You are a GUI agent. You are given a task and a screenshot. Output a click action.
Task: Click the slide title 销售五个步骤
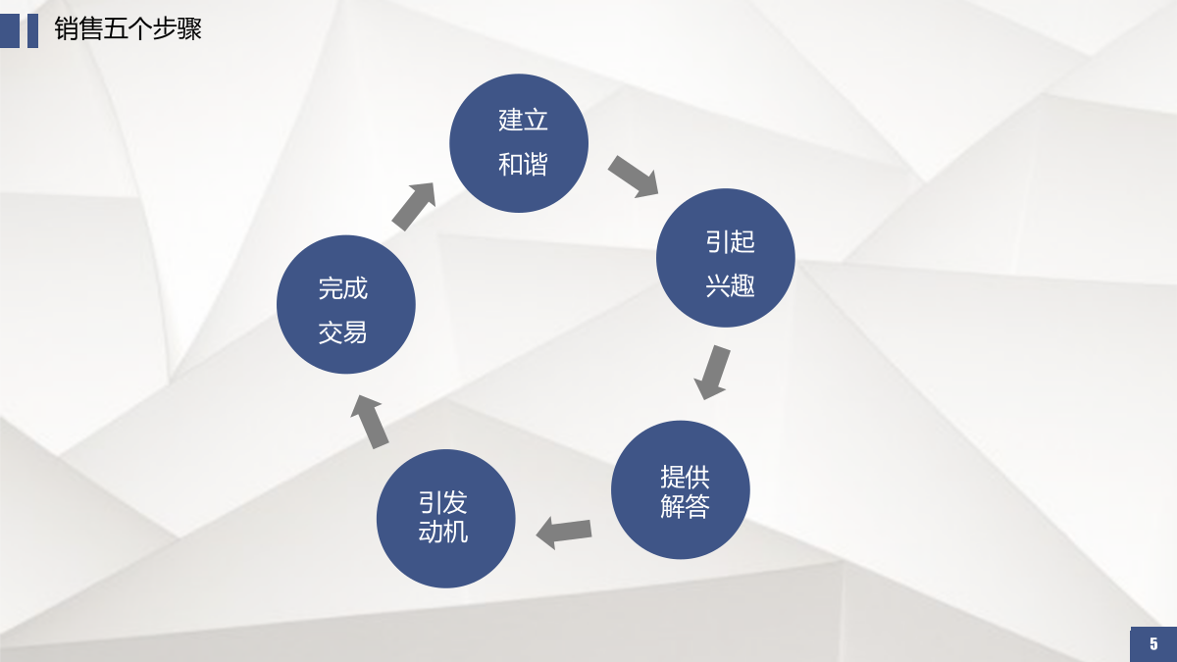(128, 28)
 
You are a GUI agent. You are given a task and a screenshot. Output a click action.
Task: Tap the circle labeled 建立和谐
(519, 143)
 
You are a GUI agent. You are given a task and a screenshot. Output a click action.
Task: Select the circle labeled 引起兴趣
(726, 258)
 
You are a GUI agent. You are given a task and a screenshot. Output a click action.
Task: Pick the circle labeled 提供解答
(681, 489)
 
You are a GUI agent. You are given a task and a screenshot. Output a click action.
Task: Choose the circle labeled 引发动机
(446, 519)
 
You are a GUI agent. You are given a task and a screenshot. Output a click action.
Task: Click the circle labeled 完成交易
(346, 305)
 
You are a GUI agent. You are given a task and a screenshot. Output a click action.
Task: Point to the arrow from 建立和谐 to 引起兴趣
(634, 177)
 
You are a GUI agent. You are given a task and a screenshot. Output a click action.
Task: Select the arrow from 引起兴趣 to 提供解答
(712, 372)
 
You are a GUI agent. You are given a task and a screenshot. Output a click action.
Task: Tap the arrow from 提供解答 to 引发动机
(564, 533)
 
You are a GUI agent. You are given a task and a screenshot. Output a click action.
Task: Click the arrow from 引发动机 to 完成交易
(370, 422)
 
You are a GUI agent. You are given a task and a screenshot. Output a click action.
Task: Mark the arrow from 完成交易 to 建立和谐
(414, 207)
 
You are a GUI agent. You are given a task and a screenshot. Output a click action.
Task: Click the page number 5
(1153, 643)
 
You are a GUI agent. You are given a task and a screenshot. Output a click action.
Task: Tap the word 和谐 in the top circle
(523, 164)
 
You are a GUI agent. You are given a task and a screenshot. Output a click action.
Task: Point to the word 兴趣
(730, 285)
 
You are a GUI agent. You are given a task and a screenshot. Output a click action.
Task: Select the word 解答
(685, 506)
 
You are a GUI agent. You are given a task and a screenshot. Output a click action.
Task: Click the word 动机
(443, 532)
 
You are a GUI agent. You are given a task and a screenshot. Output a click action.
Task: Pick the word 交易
(342, 332)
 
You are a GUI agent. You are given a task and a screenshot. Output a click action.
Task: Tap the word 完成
(342, 288)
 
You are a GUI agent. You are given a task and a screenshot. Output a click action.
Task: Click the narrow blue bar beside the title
(32, 31)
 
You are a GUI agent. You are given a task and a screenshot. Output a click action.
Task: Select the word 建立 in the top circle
(523, 120)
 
